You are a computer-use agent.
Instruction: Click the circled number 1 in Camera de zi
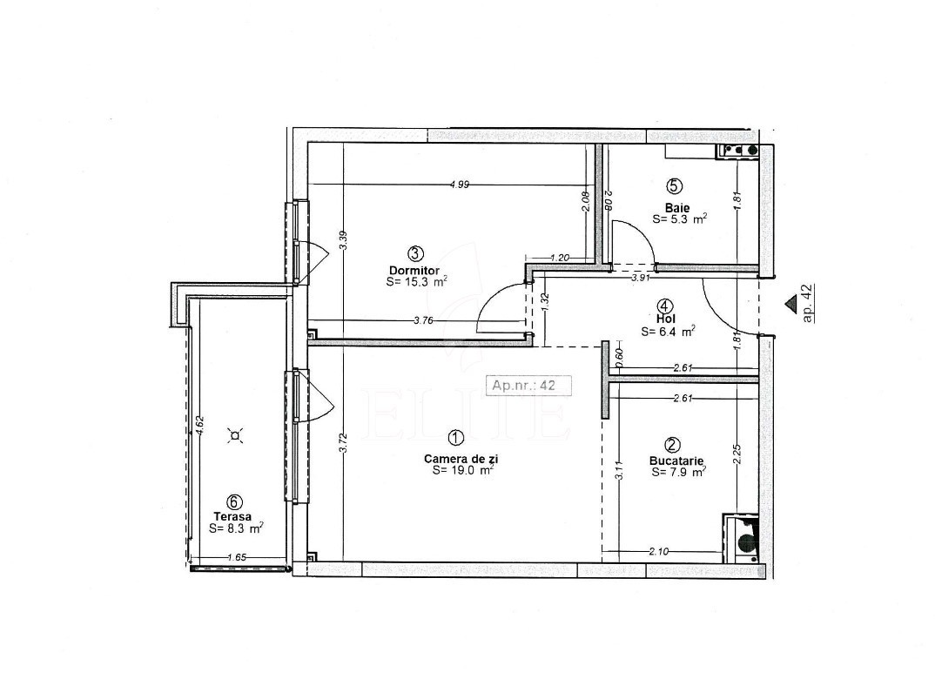(x=455, y=438)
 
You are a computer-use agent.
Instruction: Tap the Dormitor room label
(x=414, y=270)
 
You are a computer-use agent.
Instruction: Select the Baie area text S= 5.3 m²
(x=680, y=218)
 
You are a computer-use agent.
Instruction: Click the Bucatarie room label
(x=676, y=461)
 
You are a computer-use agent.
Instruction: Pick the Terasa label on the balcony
(x=232, y=517)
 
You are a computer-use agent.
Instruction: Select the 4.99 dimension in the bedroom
(x=459, y=185)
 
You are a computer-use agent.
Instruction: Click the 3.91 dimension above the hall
(x=641, y=277)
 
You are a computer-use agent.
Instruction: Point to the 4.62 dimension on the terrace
(x=200, y=427)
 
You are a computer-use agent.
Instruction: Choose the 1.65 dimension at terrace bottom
(x=237, y=557)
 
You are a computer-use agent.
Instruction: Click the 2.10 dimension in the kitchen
(x=658, y=551)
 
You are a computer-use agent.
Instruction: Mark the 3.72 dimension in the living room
(x=342, y=443)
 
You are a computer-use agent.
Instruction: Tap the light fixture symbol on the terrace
(x=236, y=436)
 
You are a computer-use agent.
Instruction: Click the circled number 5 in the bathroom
(x=674, y=186)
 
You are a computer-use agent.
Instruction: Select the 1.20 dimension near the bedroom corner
(x=559, y=258)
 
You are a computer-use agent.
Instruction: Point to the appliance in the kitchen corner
(x=741, y=538)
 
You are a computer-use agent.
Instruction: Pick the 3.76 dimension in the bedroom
(x=423, y=320)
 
